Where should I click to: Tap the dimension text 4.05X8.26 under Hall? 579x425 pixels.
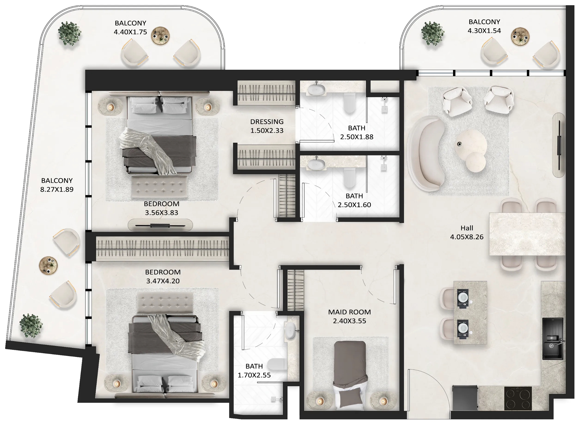(x=466, y=237)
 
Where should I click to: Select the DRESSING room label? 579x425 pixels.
(x=267, y=122)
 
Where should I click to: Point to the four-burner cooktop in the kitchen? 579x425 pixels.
(x=518, y=398)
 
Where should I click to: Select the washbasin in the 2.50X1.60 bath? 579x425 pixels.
(x=316, y=165)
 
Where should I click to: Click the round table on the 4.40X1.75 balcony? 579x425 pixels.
(x=160, y=36)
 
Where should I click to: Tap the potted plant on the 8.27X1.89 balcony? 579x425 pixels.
(x=31, y=326)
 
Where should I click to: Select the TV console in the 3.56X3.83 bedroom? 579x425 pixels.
(x=160, y=225)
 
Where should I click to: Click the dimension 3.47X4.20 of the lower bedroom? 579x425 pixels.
(x=163, y=281)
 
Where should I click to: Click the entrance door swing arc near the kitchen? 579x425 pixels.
(x=432, y=386)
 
